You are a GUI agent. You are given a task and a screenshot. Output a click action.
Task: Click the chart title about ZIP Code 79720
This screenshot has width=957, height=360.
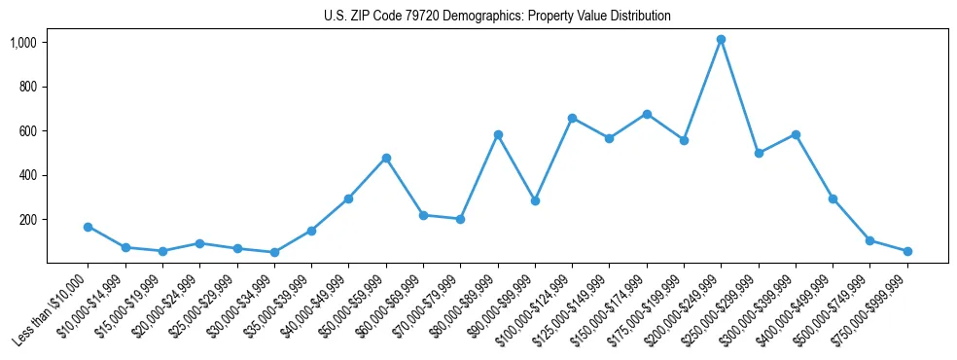pyautogui.click(x=497, y=17)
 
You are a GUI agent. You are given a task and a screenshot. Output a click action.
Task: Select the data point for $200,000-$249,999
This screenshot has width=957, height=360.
pyautogui.click(x=721, y=40)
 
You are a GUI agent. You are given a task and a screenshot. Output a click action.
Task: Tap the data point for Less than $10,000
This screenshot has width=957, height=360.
pyautogui.click(x=88, y=227)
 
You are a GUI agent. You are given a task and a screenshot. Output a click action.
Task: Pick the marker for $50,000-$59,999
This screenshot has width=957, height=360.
pyautogui.click(x=386, y=158)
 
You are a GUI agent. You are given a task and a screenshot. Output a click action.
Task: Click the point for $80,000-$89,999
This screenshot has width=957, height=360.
pyautogui.click(x=498, y=134)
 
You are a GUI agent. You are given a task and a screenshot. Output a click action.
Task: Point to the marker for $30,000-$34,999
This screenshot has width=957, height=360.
pyautogui.click(x=274, y=252)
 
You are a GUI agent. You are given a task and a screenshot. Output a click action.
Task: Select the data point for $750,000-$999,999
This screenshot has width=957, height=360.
pyautogui.click(x=907, y=251)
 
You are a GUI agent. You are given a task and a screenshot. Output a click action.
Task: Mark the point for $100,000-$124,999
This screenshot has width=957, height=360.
pyautogui.click(x=572, y=118)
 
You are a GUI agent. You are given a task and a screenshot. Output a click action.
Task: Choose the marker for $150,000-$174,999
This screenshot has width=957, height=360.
pyautogui.click(x=647, y=114)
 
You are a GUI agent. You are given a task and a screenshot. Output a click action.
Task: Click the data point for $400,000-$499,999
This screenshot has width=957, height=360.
pyautogui.click(x=833, y=198)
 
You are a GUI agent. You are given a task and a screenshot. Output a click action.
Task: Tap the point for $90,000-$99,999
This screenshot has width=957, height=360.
pyautogui.click(x=535, y=200)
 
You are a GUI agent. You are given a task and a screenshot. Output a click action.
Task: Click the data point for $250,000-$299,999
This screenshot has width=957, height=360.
pyautogui.click(x=759, y=153)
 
